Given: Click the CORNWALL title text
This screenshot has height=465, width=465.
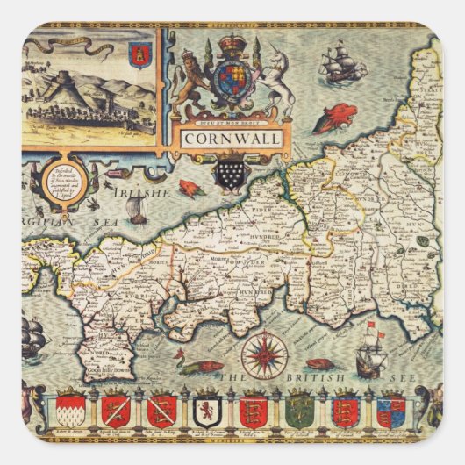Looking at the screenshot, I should click(232, 138).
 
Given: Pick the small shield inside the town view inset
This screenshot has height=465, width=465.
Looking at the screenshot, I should click(137, 56).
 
